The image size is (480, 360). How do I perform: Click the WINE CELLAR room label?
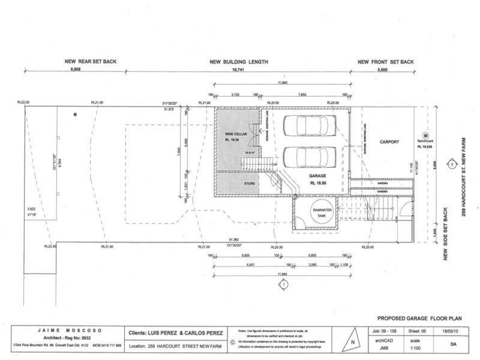[233, 134]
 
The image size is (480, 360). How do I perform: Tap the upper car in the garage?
[306, 125]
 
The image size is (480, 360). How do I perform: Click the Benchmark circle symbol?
[425, 136]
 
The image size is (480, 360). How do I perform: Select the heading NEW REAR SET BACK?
[91, 62]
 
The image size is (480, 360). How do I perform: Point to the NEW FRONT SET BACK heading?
[385, 62]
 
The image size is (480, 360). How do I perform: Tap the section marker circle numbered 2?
[451, 163]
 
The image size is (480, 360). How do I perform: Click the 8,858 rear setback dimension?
[75, 70]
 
